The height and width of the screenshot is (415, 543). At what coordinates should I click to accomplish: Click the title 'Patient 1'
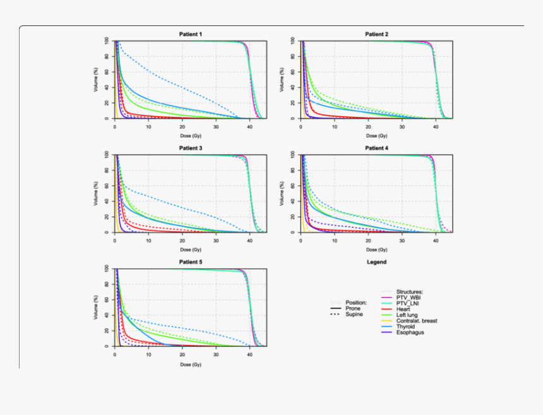[191, 34]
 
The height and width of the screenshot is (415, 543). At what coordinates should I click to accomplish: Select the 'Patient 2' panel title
[377, 34]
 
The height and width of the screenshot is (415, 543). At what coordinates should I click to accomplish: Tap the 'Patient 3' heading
[191, 148]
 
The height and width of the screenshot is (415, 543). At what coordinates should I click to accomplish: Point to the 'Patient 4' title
[377, 148]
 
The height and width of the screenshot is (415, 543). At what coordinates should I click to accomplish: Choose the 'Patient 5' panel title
[191, 262]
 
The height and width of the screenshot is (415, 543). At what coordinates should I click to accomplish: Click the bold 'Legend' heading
[377, 262]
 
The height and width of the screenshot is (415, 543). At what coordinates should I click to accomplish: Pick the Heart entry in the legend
[403, 309]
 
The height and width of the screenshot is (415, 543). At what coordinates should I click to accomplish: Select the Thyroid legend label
[406, 327]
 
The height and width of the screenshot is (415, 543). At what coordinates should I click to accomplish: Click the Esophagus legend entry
[410, 332]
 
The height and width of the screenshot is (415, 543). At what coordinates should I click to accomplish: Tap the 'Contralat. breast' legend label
[417, 321]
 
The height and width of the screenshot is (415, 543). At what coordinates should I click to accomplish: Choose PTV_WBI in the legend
[409, 297]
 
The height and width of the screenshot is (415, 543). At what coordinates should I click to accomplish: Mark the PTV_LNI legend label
[408, 303]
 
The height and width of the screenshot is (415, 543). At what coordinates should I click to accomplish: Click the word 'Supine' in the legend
[354, 314]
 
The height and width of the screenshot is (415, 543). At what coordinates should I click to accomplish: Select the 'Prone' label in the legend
[353, 308]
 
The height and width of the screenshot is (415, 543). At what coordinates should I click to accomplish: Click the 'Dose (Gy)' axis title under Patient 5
[185, 364]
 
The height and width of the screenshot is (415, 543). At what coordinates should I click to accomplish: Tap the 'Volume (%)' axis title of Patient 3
[97, 193]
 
